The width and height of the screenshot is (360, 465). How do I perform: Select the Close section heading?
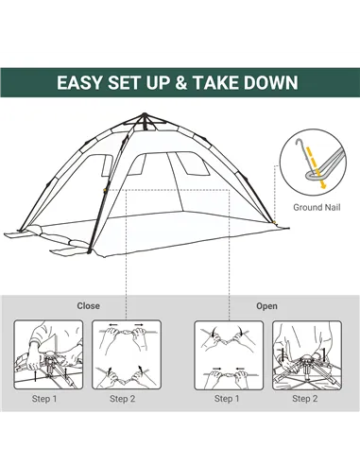tap(89, 305)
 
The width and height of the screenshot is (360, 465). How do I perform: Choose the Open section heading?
tap(266, 305)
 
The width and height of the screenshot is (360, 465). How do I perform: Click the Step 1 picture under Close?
tap(44, 354)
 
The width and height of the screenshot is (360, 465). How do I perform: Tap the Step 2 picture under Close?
tap(122, 354)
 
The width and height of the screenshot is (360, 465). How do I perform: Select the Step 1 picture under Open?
tap(227, 354)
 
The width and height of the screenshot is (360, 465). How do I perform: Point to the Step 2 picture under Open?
tap(304, 354)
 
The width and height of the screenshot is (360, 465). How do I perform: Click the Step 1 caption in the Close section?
tap(44, 399)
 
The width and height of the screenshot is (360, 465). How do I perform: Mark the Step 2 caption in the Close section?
tap(122, 399)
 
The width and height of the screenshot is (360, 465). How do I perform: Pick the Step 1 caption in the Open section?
tap(227, 399)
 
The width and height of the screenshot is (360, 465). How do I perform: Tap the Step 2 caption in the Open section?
tap(304, 399)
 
